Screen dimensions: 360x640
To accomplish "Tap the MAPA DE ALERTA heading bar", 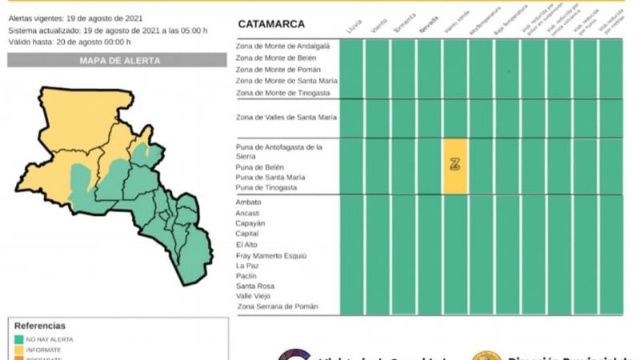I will point(119,60).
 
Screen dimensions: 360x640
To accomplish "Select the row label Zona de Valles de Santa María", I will point(286,118).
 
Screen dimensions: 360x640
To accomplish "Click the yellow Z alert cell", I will point(455,165).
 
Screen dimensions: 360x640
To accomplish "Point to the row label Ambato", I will point(249,202).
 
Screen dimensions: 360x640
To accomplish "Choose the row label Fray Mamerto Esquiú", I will point(273,255).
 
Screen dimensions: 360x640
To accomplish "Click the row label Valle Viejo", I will point(255,296).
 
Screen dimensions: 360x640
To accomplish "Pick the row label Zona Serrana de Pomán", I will point(278,306).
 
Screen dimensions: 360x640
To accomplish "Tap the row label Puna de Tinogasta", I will point(266,187).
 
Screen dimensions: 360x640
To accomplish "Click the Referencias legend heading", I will point(40,326).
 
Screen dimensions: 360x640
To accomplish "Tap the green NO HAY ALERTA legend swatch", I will point(19,338).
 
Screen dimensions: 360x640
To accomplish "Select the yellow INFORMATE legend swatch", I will point(19,349).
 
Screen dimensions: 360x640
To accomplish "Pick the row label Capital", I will point(248,234).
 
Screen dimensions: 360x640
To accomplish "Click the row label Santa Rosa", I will point(255,286).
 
